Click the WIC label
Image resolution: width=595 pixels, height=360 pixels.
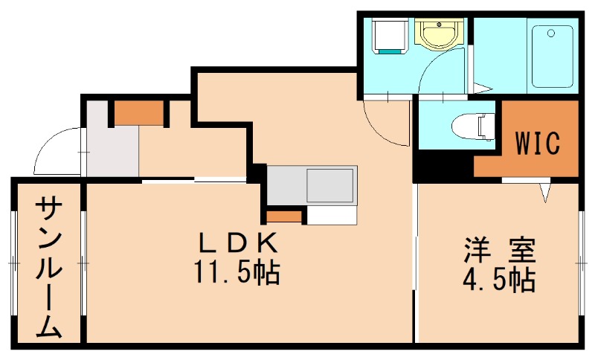[x=536, y=144]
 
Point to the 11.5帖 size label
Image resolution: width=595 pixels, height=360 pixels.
[x=237, y=274]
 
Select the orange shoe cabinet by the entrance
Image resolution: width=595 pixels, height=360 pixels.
[x=138, y=112]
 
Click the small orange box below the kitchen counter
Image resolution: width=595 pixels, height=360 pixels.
[x=285, y=216]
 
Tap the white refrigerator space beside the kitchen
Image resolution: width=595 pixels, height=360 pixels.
[x=331, y=215]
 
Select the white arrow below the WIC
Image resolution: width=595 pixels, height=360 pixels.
[x=546, y=192]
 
